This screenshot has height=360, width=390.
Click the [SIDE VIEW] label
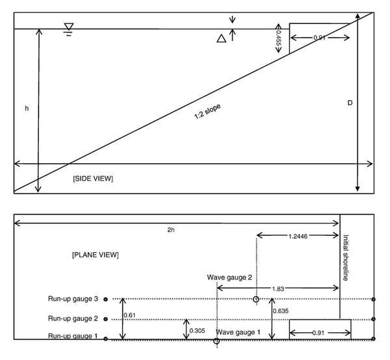pyautogui.click(x=93, y=179)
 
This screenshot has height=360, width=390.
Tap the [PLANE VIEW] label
pyautogui.click(x=96, y=255)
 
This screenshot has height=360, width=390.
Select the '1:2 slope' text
pyautogui.click(x=207, y=111)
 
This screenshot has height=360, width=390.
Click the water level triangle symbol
pyautogui.click(x=69, y=27)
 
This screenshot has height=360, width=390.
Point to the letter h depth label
pyautogui.click(x=27, y=109)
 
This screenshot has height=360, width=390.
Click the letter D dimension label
pyautogui.click(x=350, y=103)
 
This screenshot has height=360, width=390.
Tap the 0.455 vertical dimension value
pyautogui.click(x=279, y=38)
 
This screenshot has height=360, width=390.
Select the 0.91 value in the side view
pyautogui.click(x=319, y=38)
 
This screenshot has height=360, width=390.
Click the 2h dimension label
pyautogui.click(x=171, y=230)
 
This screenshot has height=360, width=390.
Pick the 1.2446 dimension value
pyautogui.click(x=298, y=236)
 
